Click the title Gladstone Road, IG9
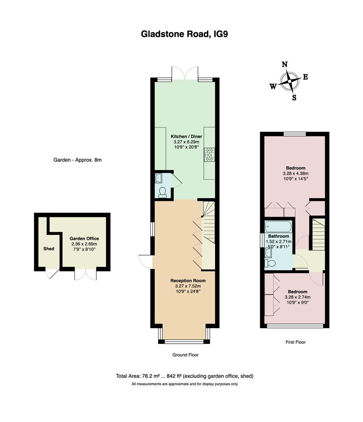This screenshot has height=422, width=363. click(x=184, y=34)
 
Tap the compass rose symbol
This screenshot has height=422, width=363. click(x=289, y=81)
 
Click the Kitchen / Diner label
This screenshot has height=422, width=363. click(x=186, y=136)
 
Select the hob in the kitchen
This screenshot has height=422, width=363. click(x=209, y=154)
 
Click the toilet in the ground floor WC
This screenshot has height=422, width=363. click(x=163, y=192)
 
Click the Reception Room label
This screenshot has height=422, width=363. click(x=188, y=281)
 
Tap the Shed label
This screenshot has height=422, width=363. click(x=49, y=249)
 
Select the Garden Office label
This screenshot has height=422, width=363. click(x=84, y=238)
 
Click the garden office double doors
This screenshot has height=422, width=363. click(x=85, y=275)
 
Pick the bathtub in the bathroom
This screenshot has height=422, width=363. click(x=278, y=226)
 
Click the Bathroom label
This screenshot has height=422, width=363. click(x=279, y=236)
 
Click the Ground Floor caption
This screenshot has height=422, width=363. click(x=185, y=355)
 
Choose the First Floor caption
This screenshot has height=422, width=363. click(x=295, y=342)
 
